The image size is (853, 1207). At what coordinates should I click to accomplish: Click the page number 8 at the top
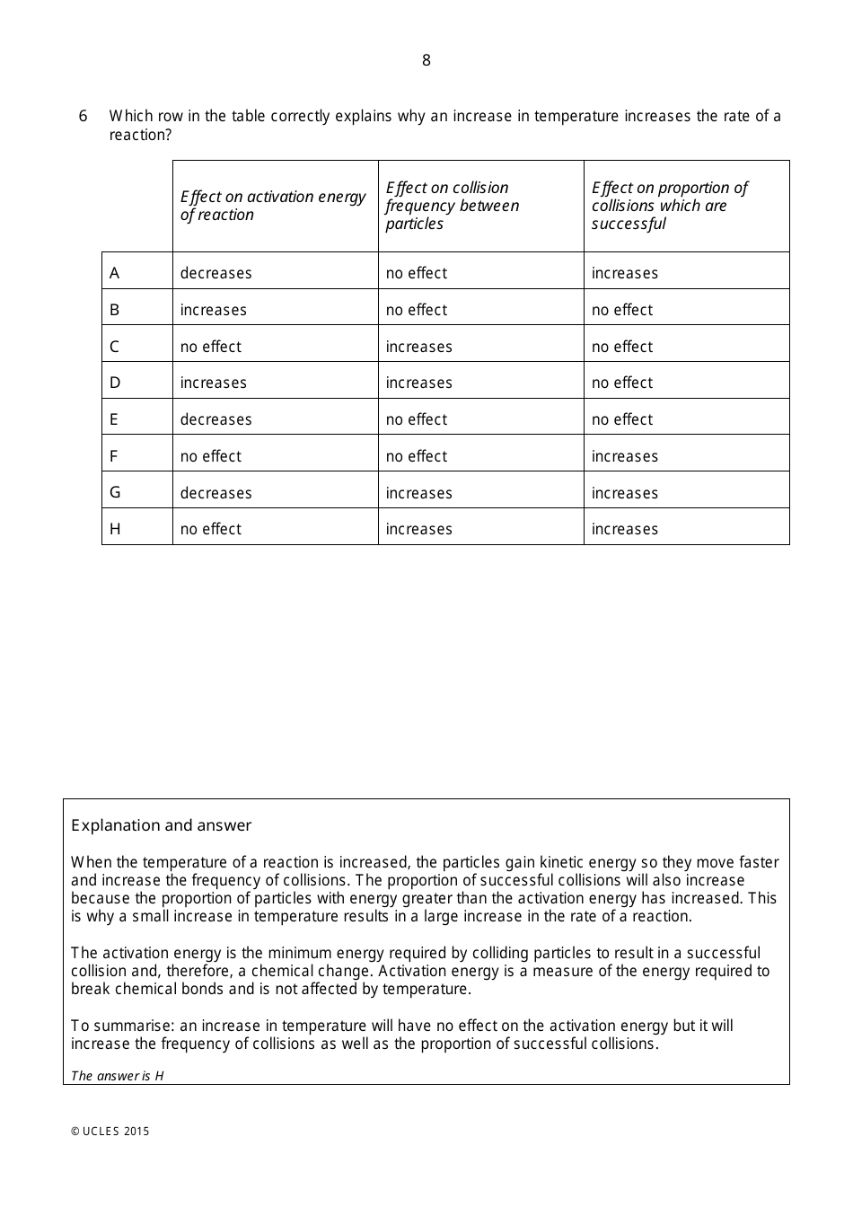(426, 60)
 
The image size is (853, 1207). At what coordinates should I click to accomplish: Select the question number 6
(84, 116)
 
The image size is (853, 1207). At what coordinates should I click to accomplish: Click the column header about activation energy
(273, 206)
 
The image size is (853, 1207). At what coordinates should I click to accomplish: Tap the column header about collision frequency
(453, 206)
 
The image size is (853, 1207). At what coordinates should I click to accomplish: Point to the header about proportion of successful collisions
(669, 206)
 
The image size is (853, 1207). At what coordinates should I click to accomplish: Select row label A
(114, 273)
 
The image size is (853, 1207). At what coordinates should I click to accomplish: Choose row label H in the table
(115, 529)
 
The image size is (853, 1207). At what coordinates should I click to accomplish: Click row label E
(114, 419)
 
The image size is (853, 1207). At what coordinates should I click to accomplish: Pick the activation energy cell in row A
(216, 273)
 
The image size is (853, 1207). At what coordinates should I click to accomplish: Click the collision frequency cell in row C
(418, 347)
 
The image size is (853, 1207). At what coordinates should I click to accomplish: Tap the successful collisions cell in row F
(624, 456)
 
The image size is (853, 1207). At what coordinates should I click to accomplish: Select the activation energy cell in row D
(214, 383)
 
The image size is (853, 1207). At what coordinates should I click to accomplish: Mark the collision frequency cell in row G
(418, 493)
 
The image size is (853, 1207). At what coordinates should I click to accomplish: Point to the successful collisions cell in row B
(622, 310)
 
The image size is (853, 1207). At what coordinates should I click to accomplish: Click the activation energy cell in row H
(211, 529)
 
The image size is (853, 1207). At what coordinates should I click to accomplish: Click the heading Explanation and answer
(162, 825)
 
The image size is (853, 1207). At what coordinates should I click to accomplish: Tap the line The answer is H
(118, 1076)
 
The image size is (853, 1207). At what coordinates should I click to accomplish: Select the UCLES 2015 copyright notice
(110, 1132)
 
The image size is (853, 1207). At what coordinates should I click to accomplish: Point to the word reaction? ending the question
(140, 135)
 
